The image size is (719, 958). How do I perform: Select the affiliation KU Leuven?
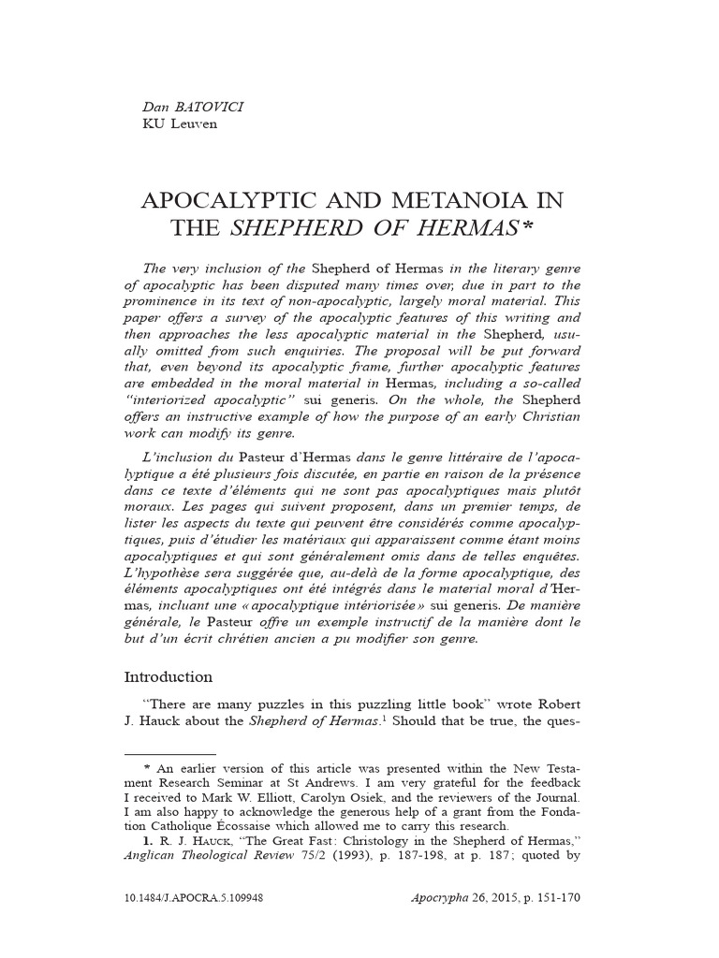[180, 123]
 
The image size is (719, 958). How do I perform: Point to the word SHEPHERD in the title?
[299, 227]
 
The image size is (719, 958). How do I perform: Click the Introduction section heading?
[169, 676]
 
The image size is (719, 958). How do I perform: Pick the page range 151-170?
[558, 922]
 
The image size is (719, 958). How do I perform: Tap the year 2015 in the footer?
[506, 922]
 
